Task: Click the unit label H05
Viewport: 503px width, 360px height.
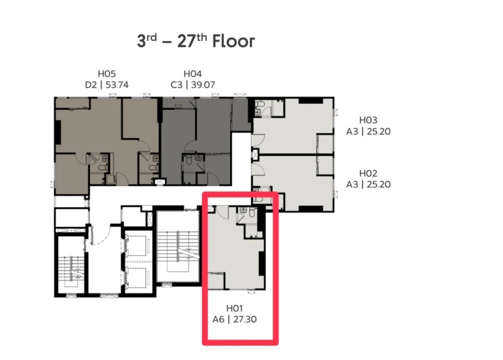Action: point(107,74)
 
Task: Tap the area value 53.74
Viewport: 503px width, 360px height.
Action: point(117,85)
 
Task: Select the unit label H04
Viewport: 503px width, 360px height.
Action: point(193,74)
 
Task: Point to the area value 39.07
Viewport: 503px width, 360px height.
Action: point(203,85)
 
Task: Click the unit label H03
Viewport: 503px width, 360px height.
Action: point(368,120)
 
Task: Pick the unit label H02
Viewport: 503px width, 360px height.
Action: point(368,173)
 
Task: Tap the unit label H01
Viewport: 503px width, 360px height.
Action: point(234,308)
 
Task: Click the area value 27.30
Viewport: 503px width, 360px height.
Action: point(245,319)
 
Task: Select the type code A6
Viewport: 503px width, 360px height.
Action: point(218,319)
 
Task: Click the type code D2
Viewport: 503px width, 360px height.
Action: point(91,85)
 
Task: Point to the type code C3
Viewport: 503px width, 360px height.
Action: point(177,85)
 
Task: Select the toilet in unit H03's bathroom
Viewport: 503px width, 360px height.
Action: point(259,105)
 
